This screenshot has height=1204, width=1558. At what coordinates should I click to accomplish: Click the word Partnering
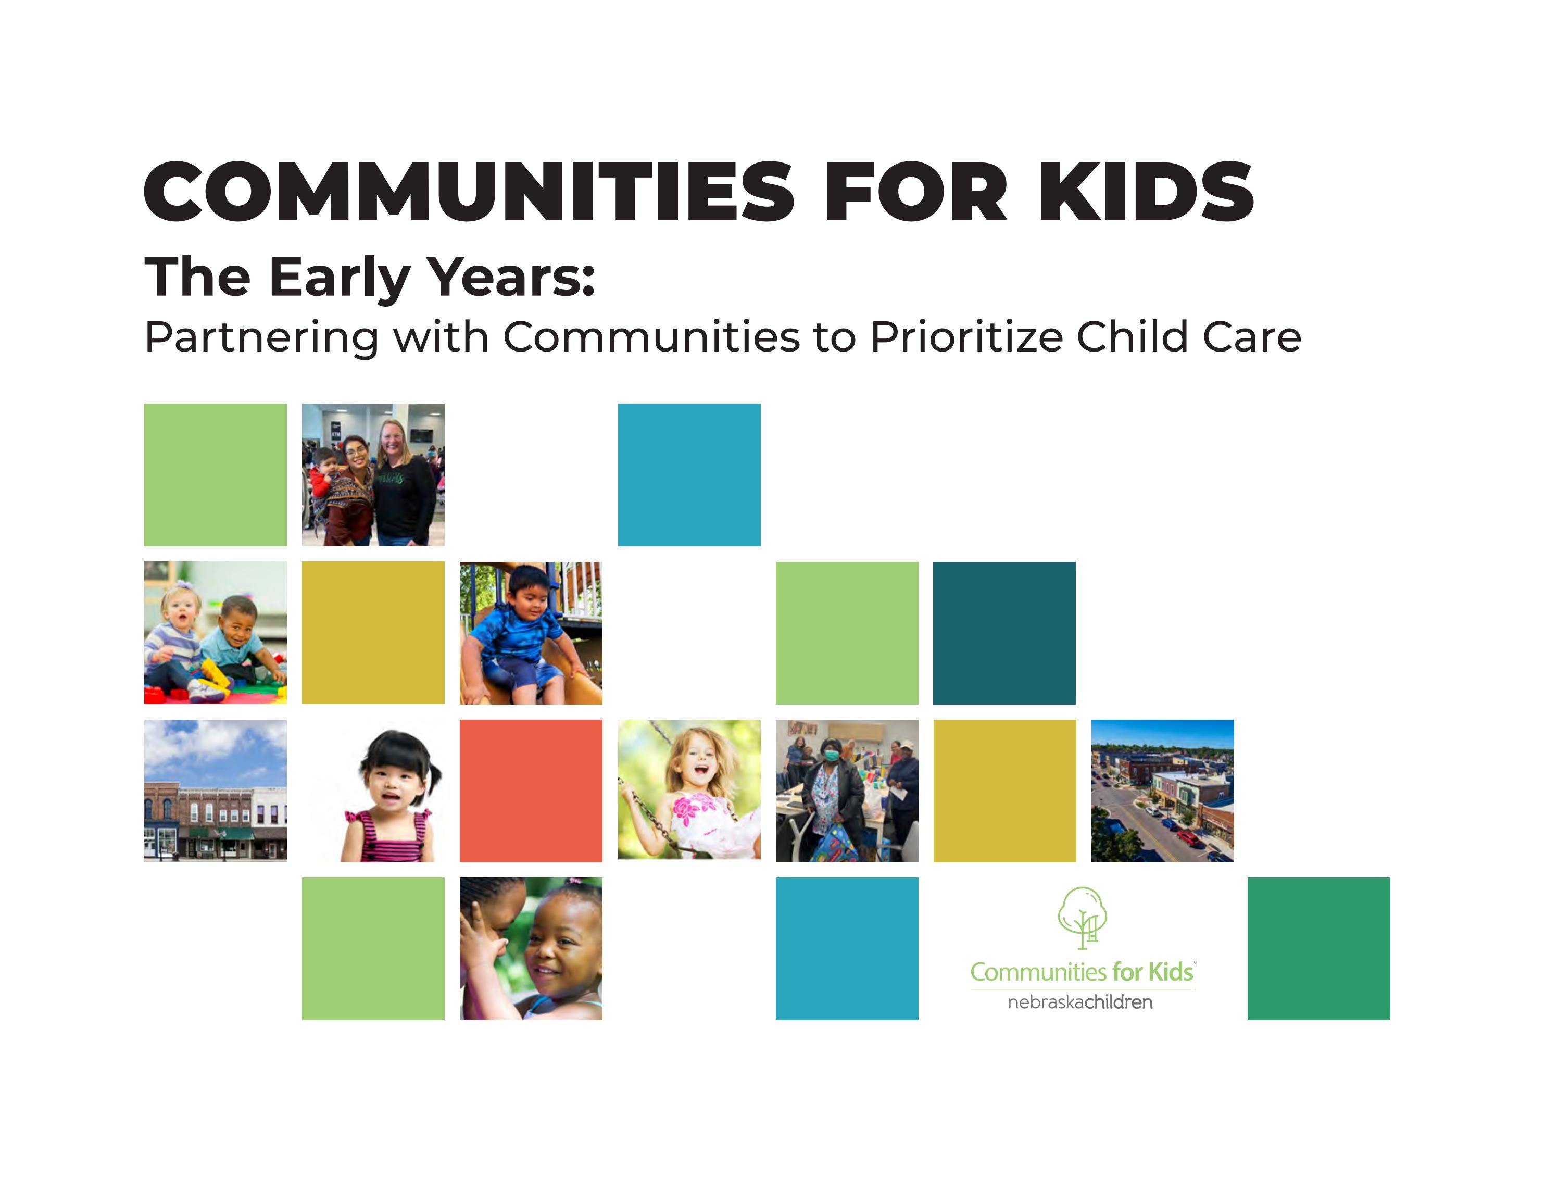coord(261,338)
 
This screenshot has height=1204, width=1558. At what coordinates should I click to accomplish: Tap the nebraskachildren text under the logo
coord(1079,1002)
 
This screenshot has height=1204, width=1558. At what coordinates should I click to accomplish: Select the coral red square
coord(531,791)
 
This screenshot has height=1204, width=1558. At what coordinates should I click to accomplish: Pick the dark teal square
coord(1004,633)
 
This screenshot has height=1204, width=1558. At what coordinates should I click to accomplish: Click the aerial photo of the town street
coord(1162,791)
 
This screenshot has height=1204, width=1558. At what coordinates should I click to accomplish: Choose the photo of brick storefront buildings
coord(216,791)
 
